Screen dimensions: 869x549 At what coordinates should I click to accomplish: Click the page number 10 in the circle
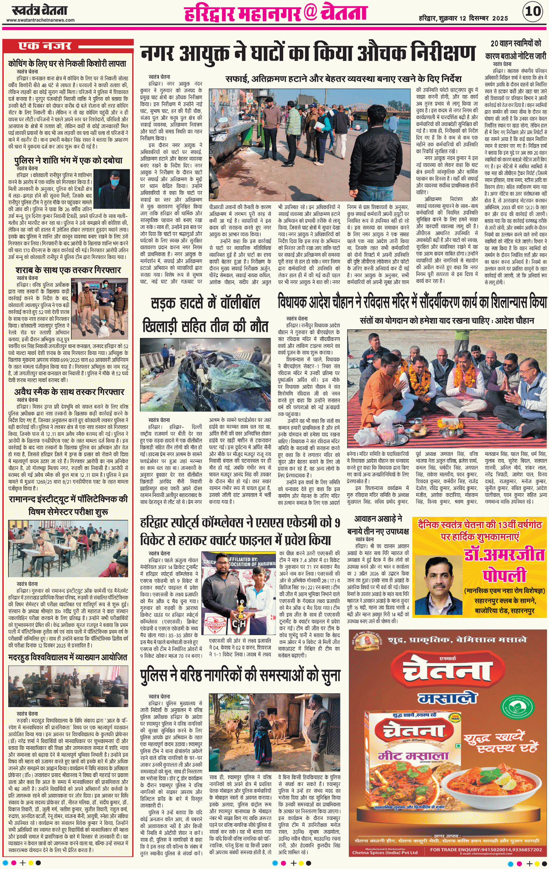533,11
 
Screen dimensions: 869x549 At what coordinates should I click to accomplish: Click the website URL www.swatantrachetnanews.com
40,20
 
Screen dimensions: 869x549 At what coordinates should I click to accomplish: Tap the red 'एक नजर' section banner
45,46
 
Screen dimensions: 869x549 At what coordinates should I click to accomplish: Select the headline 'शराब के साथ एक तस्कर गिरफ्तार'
68,270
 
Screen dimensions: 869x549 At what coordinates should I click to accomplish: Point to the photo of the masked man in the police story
111,189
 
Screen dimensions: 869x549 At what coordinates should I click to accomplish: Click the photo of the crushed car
205,374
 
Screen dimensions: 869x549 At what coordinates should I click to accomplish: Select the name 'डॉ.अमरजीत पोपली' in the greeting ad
504,565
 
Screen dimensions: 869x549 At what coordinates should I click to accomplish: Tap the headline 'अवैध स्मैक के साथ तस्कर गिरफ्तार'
69,392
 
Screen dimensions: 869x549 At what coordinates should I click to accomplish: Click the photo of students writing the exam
68,548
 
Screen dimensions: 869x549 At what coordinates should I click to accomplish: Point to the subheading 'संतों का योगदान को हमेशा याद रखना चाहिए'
446,321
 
